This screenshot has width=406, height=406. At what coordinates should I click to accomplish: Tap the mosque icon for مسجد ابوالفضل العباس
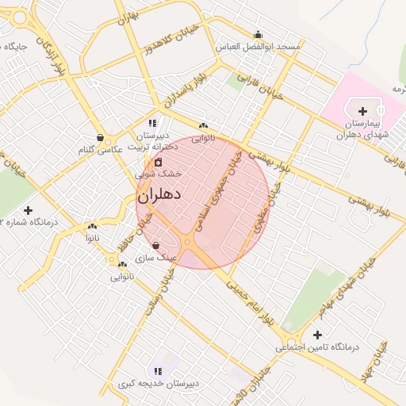[x=258, y=34]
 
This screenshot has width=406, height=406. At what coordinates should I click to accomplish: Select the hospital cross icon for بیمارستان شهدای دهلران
[x=363, y=110]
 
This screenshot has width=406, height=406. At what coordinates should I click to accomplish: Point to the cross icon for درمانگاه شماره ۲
[x=29, y=210]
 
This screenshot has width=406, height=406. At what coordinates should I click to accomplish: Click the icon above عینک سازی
[x=155, y=245]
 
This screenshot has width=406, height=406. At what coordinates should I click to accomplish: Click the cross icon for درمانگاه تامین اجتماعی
[x=318, y=335]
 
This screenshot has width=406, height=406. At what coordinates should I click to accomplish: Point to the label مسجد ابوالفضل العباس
[x=259, y=47]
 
